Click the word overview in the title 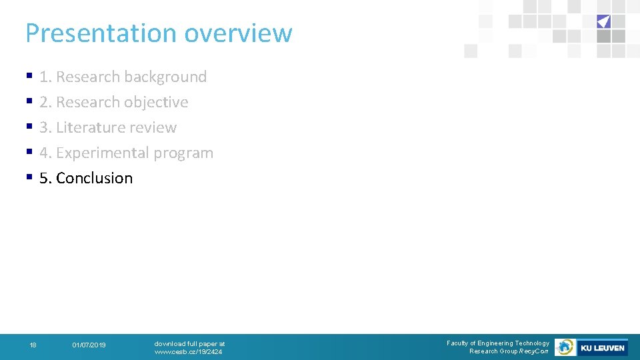pyautogui.click(x=238, y=33)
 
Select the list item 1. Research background pyautogui.click(x=123, y=77)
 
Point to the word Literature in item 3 pyautogui.click(x=89, y=127)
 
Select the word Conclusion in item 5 pyautogui.click(x=94, y=178)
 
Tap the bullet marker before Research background pyautogui.click(x=29, y=77)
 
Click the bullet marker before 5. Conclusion pyautogui.click(x=29, y=178)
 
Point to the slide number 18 pyautogui.click(x=33, y=345)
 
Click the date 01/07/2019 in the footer pyautogui.click(x=89, y=345)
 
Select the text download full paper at pyautogui.click(x=189, y=344)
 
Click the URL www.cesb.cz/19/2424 pyautogui.click(x=188, y=352)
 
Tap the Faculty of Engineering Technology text pyautogui.click(x=498, y=343)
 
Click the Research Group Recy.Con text pyautogui.click(x=509, y=351)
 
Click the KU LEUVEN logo pyautogui.click(x=602, y=347)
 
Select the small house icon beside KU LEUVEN pyautogui.click(x=565, y=347)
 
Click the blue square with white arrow pyautogui.click(x=603, y=21)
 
